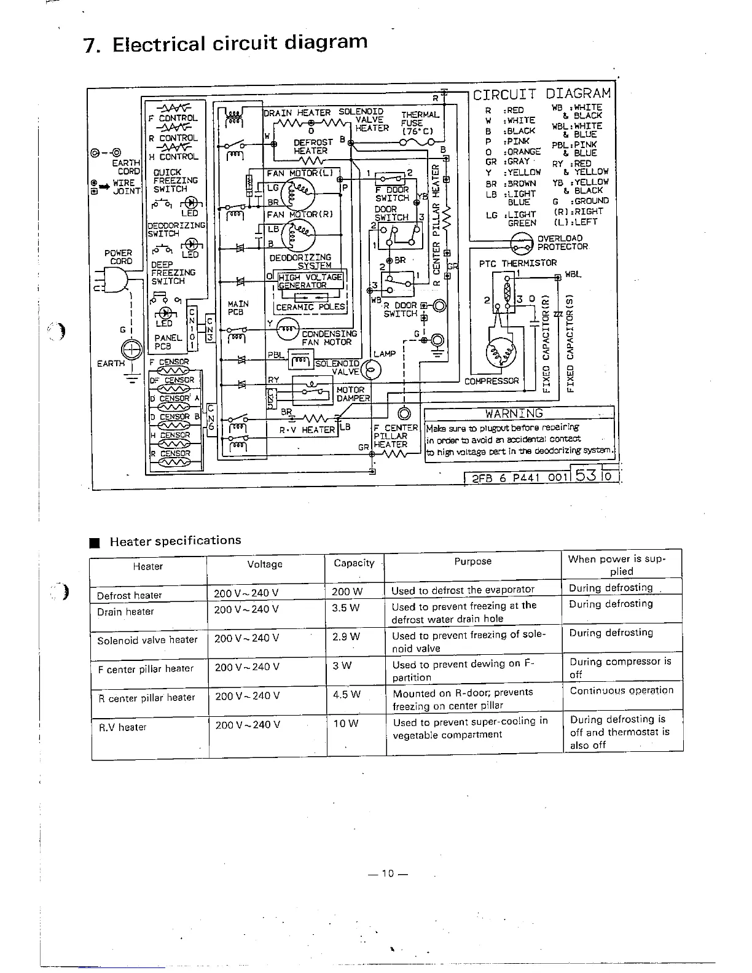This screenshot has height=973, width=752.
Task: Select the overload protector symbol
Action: (522, 243)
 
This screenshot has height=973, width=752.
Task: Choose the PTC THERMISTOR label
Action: (518, 264)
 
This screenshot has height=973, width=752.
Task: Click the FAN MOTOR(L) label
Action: (300, 173)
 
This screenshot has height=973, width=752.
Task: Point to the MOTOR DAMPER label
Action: (351, 394)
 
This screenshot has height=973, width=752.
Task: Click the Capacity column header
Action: (354, 563)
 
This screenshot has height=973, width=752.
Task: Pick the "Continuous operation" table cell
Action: (621, 690)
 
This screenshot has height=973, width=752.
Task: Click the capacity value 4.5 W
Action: (346, 695)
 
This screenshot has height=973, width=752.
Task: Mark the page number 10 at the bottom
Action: (387, 873)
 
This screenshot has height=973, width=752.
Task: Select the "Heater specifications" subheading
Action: (175, 541)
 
